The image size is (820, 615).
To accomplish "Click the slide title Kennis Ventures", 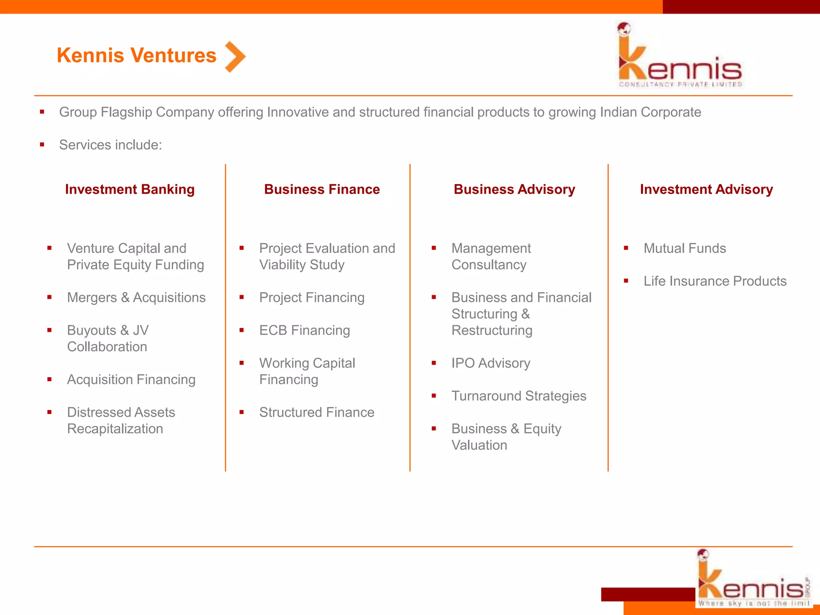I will tap(137, 55).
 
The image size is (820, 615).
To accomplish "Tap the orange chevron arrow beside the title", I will tap(235, 57).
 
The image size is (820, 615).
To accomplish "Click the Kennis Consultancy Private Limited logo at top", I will tap(680, 56).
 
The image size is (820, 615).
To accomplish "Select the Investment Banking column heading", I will tap(130, 189).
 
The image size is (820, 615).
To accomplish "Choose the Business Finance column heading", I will tap(322, 189).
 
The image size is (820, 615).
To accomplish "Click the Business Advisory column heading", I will tap(514, 189).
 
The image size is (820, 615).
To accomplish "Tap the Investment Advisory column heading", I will tap(706, 189).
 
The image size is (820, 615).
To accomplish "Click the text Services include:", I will tap(111, 145).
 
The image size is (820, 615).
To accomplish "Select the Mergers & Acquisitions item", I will tap(136, 297).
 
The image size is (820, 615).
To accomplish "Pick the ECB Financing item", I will tap(304, 330).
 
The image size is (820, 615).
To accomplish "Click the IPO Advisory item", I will tap(490, 363).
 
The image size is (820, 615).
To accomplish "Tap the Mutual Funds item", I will tap(685, 248).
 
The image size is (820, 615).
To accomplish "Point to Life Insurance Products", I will tap(715, 281).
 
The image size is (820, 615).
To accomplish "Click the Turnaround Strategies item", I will tap(519, 396).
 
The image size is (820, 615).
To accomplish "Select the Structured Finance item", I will tap(316, 412).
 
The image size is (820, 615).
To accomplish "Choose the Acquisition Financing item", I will tap(131, 380).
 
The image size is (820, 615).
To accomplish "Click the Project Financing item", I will tap(312, 297).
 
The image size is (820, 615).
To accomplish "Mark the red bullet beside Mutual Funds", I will tap(626, 248).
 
